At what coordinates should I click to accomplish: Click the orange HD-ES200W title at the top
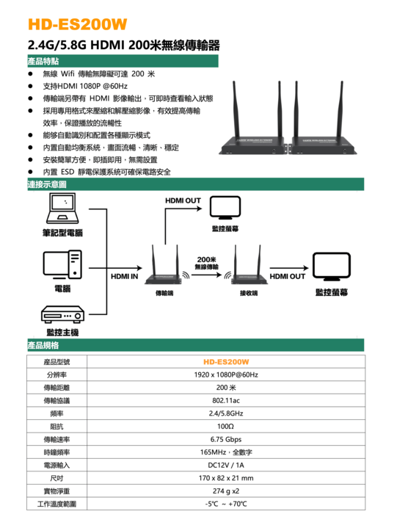(x=77, y=24)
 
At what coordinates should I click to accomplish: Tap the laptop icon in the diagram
(x=62, y=208)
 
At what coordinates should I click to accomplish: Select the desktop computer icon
(x=62, y=264)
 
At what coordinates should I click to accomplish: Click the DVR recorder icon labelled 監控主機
(x=62, y=314)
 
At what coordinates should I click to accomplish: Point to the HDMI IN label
(x=125, y=276)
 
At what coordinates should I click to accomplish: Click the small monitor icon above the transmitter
(x=225, y=208)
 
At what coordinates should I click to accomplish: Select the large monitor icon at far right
(x=332, y=266)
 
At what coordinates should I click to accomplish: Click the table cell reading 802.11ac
(x=226, y=401)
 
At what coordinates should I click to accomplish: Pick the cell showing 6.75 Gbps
(x=226, y=439)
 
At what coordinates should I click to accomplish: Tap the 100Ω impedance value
(x=226, y=427)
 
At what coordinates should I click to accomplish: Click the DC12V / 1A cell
(x=226, y=465)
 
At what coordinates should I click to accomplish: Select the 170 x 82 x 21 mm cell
(x=226, y=478)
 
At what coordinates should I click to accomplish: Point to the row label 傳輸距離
(x=57, y=388)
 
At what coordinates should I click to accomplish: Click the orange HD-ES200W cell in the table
(x=226, y=362)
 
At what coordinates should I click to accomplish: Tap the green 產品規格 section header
(x=195, y=345)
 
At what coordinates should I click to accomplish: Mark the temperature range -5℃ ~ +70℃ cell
(x=226, y=504)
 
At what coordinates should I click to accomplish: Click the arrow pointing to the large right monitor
(x=289, y=268)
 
